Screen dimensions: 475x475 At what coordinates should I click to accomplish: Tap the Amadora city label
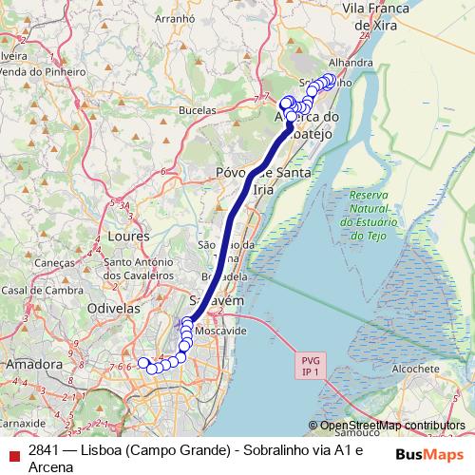coord(33,364)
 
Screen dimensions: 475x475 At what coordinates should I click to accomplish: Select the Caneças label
coord(54,263)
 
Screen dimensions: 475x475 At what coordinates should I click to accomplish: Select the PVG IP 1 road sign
coord(310,367)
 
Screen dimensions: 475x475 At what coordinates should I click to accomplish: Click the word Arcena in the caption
coord(51,466)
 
